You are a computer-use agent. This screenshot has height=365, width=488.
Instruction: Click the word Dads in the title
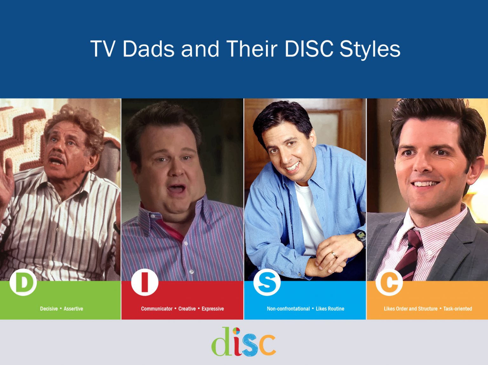[x=148, y=49]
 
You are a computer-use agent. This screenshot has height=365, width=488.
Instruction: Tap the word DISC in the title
[x=309, y=49]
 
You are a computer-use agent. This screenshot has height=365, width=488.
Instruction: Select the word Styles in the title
[x=370, y=49]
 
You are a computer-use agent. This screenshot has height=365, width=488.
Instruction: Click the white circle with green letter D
[x=23, y=282]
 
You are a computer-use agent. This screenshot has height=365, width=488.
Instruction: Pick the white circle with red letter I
[x=145, y=282]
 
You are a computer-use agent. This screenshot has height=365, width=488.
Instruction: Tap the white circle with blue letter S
[x=267, y=282]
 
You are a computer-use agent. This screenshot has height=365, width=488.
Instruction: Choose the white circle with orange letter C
[x=389, y=282]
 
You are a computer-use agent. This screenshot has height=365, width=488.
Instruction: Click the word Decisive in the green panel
[x=49, y=309]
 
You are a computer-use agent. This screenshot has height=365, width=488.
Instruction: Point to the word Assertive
[x=73, y=309]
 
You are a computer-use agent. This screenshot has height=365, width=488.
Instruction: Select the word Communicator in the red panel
[x=157, y=309]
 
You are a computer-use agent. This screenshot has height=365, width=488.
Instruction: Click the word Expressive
[x=213, y=309]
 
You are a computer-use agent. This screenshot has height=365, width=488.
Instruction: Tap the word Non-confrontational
[x=288, y=309]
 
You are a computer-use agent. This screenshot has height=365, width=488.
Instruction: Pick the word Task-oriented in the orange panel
[x=457, y=309]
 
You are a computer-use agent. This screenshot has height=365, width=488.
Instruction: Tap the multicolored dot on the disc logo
[x=236, y=331]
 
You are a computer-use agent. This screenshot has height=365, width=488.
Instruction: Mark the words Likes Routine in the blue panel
[x=330, y=309]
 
